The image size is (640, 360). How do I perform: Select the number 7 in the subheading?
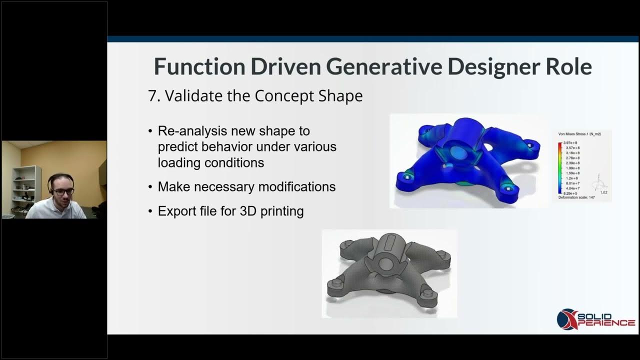tap(152, 95)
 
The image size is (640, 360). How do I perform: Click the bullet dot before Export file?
tap(150, 211)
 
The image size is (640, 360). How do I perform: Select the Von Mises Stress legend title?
tap(579, 134)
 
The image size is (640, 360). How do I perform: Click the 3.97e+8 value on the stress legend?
tap(571, 143)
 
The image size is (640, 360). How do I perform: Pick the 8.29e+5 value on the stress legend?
tap(571, 192)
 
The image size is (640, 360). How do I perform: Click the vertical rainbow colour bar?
tap(560, 167)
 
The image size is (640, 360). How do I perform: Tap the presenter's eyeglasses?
tap(63, 191)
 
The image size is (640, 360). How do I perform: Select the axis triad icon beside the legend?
tap(598, 184)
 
